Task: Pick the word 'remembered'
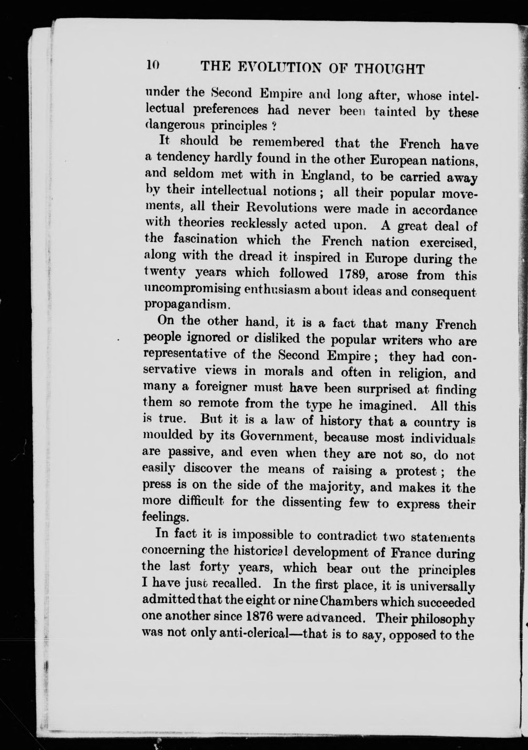(288, 143)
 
